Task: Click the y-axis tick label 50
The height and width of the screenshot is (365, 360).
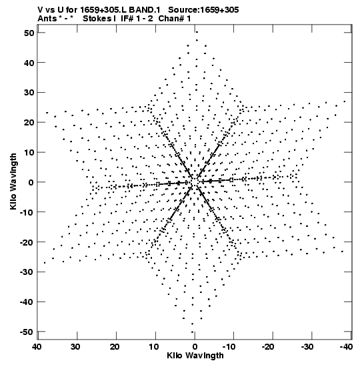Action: click(29, 33)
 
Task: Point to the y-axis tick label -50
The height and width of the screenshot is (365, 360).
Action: click(27, 332)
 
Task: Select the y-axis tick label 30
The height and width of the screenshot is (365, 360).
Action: click(29, 92)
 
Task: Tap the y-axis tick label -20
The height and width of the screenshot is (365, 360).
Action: click(27, 242)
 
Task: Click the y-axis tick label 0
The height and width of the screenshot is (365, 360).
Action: click(31, 182)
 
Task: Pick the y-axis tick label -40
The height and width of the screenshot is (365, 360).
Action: click(27, 302)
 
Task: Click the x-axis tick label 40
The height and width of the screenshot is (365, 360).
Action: click(37, 347)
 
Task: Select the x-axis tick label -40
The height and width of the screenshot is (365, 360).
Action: click(346, 347)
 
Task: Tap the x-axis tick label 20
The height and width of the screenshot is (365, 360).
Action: click(115, 347)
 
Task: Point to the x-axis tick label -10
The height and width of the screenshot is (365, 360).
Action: click(229, 347)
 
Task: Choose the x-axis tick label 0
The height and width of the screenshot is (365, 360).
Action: click(195, 347)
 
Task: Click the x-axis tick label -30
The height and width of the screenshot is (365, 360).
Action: click(307, 347)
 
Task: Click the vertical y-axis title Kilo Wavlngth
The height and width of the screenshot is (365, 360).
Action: click(13, 181)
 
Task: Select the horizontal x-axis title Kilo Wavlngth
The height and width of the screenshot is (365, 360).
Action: click(195, 356)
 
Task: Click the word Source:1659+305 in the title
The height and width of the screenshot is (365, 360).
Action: click(203, 10)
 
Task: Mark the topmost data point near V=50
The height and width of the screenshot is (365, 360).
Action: click(197, 32)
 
